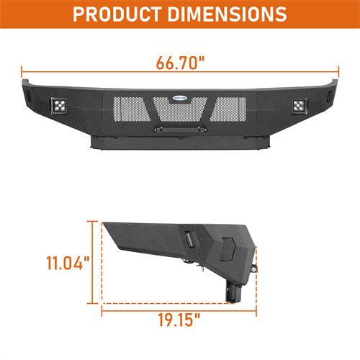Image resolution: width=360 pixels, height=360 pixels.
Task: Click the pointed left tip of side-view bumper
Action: pyautogui.click(x=105, y=225)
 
